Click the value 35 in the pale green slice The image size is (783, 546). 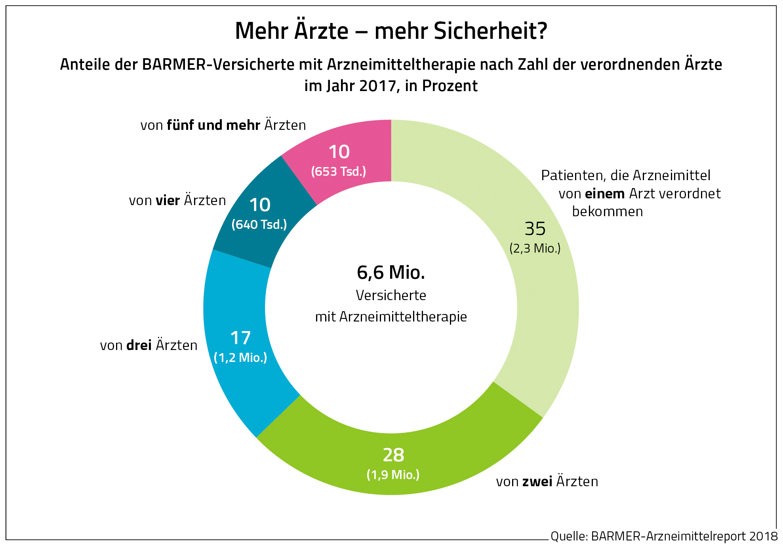coord(535,229)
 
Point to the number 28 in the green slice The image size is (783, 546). coord(393,455)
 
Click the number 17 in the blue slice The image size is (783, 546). coord(240,338)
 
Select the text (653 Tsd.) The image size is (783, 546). coord(339,171)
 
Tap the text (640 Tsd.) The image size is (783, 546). coord(259,224)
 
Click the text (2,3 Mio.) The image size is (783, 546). coord(535,248)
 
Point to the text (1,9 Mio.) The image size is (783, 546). coord(393,474)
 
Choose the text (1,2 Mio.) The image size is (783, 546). coord(240,358)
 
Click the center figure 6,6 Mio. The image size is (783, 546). coord(391,272)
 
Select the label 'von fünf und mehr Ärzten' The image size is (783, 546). coord(223,125)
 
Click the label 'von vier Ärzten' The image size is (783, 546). coord(177,200)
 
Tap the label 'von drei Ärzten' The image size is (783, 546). coord(149,345)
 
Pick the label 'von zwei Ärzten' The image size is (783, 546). coord(547,481)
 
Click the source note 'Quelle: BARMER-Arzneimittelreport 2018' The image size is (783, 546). coord(664,536)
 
